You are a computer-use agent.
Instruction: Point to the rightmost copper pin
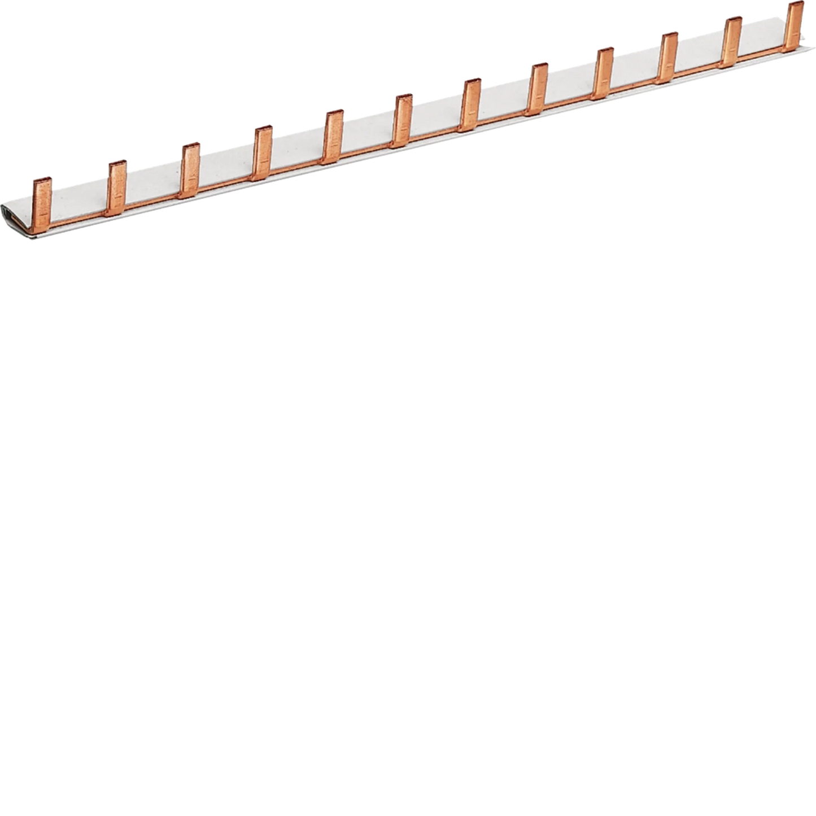point(795,23)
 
